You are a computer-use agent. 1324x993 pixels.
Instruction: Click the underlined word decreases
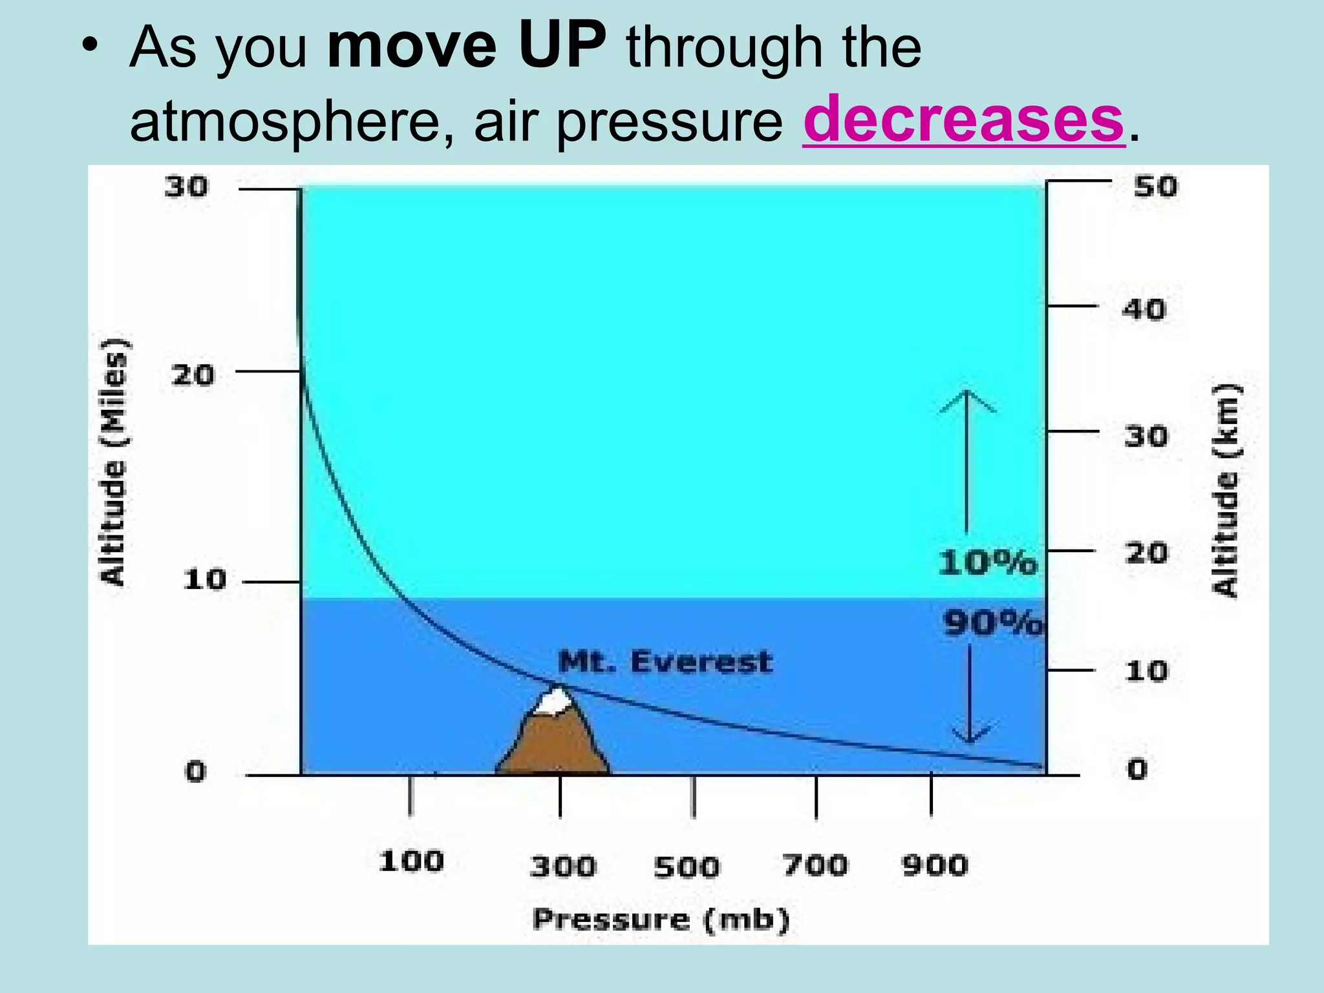(963, 120)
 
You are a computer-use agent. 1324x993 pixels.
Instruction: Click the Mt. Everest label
(665, 662)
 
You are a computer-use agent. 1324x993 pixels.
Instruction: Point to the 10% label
(987, 562)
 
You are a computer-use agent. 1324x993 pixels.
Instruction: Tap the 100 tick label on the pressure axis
(411, 862)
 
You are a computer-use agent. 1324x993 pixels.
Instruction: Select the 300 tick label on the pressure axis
(562, 866)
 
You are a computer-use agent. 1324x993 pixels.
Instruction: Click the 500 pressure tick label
(687, 866)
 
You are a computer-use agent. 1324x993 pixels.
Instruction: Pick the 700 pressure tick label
(815, 865)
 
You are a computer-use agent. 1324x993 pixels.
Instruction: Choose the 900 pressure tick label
(935, 865)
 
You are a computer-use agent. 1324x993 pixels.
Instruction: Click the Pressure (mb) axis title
(661, 919)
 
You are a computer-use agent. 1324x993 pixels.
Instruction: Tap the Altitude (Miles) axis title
(114, 462)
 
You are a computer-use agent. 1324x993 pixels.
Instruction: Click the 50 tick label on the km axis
(1156, 187)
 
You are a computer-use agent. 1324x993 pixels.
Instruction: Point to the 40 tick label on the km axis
(1144, 309)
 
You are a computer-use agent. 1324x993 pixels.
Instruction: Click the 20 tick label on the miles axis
(193, 375)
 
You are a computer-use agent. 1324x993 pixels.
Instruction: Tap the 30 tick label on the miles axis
(186, 187)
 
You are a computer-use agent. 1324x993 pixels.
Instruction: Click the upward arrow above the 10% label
(967, 459)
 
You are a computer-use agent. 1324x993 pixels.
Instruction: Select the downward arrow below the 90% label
(970, 695)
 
